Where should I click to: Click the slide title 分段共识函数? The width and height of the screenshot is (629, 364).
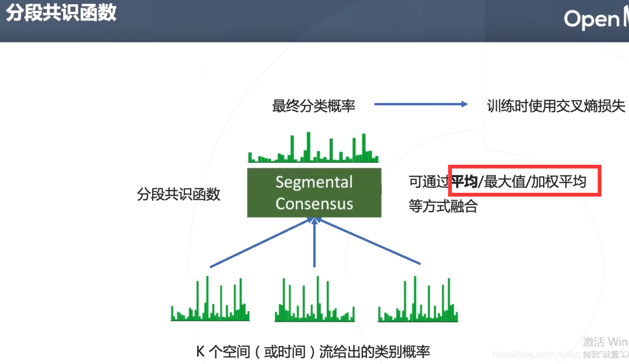click(61, 13)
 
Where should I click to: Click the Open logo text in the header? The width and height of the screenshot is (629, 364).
click(592, 19)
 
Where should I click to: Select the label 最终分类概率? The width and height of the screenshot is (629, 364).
click(313, 106)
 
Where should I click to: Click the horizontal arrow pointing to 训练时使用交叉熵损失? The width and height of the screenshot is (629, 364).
click(421, 105)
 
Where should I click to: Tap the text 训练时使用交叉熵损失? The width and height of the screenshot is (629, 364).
click(556, 106)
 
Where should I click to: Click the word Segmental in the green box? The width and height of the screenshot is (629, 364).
click(314, 182)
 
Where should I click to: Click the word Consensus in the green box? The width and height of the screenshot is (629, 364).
click(314, 204)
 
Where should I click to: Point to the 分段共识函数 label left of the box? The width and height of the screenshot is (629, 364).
click(178, 194)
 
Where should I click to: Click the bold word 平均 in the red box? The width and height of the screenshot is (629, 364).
click(464, 182)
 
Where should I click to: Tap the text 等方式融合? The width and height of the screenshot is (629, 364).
click(443, 206)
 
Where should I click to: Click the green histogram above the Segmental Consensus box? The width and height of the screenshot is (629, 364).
click(313, 149)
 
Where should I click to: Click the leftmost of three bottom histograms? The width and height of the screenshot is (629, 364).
click(211, 302)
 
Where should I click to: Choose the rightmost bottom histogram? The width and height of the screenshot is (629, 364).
click(418, 302)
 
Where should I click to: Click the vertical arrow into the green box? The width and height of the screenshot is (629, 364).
click(315, 243)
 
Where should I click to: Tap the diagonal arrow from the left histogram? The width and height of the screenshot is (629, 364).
click(259, 242)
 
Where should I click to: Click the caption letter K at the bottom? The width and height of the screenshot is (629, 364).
click(200, 352)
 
